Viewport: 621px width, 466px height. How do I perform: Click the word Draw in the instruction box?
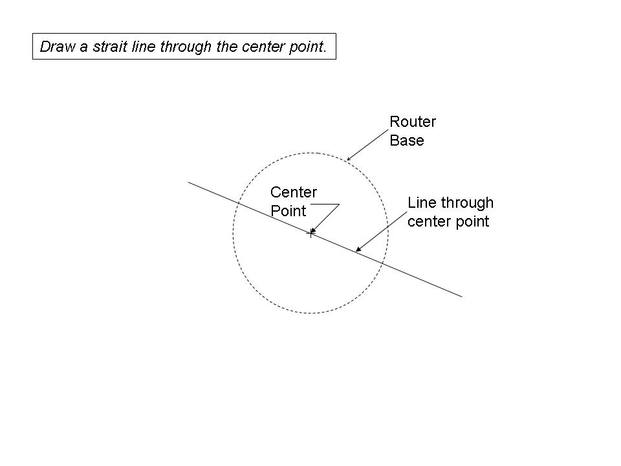coord(55,47)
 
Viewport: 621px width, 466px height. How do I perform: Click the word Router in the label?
coord(412,122)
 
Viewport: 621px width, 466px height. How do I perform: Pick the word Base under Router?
coord(406,140)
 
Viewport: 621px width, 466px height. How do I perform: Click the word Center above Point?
coord(293,192)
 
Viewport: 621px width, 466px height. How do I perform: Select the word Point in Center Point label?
coord(288,211)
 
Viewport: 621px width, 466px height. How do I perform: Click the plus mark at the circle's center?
coord(310,233)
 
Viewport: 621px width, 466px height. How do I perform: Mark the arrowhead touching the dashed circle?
coord(348,159)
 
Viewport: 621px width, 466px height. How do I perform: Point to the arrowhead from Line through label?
coord(358,249)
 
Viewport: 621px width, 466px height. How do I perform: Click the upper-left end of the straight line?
coord(188,182)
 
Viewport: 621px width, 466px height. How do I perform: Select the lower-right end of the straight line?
coord(462,296)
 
